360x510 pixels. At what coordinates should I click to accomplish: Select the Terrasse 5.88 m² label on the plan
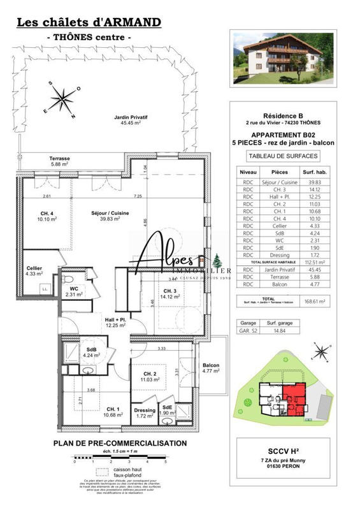[60, 161]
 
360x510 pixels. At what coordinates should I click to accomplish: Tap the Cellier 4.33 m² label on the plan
[34, 271]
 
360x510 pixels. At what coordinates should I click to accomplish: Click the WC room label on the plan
[75, 292]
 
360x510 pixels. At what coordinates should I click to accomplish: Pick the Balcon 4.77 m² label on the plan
[211, 369]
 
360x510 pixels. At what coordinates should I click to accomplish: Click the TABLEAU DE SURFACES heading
[282, 156]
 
